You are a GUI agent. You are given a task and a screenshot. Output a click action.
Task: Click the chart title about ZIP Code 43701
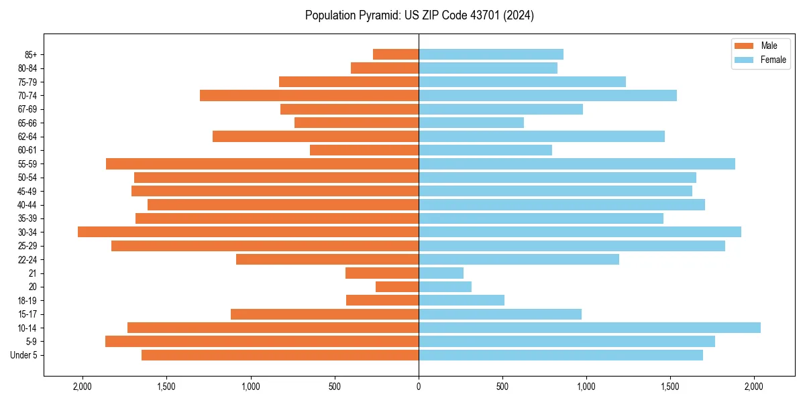(x=419, y=15)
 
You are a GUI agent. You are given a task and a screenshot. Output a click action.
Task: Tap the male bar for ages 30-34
(x=248, y=232)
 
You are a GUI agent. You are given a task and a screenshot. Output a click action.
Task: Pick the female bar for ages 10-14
(x=590, y=328)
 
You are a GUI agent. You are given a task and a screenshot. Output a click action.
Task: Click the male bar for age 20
(x=397, y=287)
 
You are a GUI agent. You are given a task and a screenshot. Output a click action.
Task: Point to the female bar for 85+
(x=491, y=54)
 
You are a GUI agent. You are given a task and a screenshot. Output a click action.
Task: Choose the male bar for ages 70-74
(x=309, y=95)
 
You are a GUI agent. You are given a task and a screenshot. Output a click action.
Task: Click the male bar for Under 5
(x=280, y=355)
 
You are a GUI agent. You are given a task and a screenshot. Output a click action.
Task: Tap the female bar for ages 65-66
(x=471, y=123)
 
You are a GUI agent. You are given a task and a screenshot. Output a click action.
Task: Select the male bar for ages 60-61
(x=364, y=150)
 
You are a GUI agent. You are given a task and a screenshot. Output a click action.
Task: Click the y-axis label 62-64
(x=28, y=137)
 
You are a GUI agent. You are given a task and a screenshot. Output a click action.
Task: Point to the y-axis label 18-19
(x=28, y=301)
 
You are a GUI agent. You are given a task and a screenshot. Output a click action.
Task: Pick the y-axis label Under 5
(x=24, y=355)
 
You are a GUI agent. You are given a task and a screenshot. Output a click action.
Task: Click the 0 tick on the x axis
(x=419, y=387)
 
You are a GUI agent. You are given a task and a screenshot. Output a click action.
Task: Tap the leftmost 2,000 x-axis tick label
(x=83, y=387)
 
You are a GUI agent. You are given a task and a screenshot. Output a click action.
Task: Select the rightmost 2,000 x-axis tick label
(x=754, y=387)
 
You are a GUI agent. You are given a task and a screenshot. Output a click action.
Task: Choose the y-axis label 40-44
(x=28, y=205)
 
